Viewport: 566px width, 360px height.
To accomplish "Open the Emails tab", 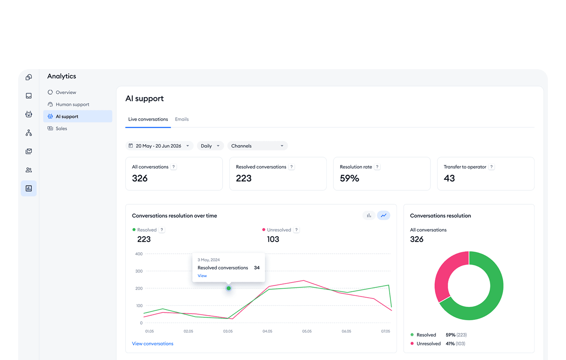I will (x=182, y=119).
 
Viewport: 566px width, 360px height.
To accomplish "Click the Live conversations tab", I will (x=148, y=119).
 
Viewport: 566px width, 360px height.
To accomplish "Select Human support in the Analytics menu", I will (x=72, y=105).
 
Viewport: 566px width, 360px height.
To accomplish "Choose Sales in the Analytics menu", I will (x=61, y=129).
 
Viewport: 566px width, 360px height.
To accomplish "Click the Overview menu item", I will (x=66, y=92).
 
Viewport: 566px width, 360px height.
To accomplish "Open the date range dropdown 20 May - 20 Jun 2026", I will (x=159, y=146).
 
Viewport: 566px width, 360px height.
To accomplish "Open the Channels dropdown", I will (x=257, y=146).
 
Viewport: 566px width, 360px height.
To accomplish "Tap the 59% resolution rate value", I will (x=349, y=178).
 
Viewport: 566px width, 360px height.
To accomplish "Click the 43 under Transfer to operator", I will (x=449, y=178).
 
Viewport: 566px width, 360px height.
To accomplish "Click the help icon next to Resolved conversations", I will (x=291, y=167).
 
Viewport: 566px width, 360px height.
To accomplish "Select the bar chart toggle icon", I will (x=369, y=215).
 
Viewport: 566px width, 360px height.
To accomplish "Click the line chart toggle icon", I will (x=384, y=215).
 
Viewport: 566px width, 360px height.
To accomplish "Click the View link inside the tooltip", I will (x=202, y=276).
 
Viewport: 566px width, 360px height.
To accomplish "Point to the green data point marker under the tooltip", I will (x=229, y=288).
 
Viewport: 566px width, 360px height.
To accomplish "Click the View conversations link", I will (x=153, y=343).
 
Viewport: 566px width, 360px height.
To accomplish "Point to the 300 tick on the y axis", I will (x=139, y=271).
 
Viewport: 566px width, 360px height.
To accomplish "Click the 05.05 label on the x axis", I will (x=307, y=331).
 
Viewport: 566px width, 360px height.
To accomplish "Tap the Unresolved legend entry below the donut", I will (x=428, y=343).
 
